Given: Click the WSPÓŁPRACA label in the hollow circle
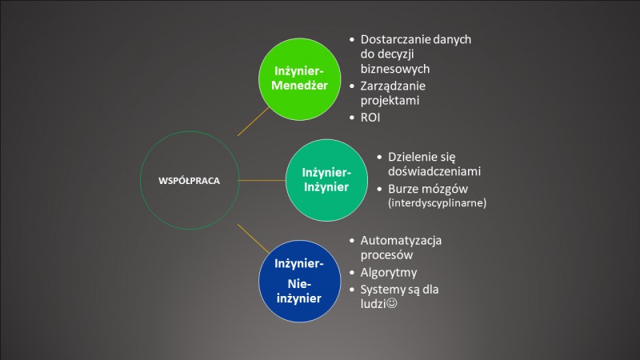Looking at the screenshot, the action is pyautogui.click(x=189, y=181).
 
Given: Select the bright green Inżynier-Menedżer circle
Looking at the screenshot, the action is pyautogui.click(x=299, y=79).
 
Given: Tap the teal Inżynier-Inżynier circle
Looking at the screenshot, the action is pyautogui.click(x=326, y=180).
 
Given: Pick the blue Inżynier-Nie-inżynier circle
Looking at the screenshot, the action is pyautogui.click(x=299, y=281).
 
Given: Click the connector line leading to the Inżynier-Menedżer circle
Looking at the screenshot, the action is pyautogui.click(x=253, y=122).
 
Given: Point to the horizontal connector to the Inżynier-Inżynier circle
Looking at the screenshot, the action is pyautogui.click(x=262, y=180).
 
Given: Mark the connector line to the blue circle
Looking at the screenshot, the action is pyautogui.click(x=253, y=238).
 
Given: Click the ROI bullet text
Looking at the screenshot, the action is pyautogui.click(x=370, y=118).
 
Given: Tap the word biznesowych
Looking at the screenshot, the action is pyautogui.click(x=395, y=69).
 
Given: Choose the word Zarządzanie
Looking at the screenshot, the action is pyautogui.click(x=393, y=86).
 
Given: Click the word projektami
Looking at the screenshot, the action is pyautogui.click(x=390, y=101).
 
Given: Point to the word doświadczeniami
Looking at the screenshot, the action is pyautogui.click(x=434, y=171).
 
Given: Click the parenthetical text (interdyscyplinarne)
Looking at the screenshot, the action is pyautogui.click(x=437, y=203).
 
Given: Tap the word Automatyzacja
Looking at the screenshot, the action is pyautogui.click(x=401, y=241).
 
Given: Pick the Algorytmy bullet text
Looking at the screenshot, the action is pyautogui.click(x=389, y=273).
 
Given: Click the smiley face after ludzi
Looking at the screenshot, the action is pyautogui.click(x=391, y=303).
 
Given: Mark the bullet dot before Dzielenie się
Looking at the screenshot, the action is pyautogui.click(x=379, y=157).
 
